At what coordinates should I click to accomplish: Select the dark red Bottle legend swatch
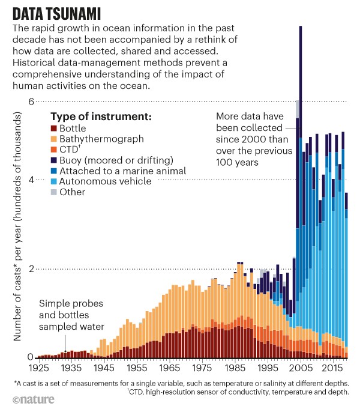[54, 129]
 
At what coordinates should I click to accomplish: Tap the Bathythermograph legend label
[101, 139]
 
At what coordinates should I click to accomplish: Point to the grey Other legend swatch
[54, 192]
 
